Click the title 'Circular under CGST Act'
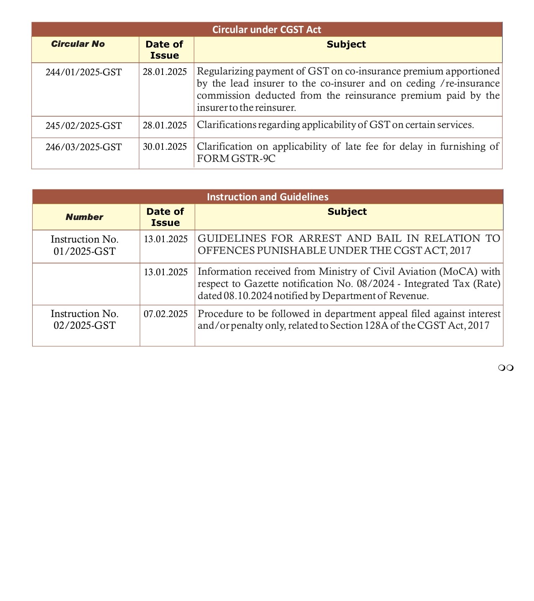click(266, 30)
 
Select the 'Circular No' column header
click(78, 44)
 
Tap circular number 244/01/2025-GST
click(84, 72)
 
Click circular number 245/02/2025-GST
click(84, 126)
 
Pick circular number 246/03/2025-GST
click(84, 147)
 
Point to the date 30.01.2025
click(165, 147)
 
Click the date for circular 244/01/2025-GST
click(165, 72)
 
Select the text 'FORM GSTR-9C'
click(236, 159)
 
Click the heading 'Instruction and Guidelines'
click(268, 197)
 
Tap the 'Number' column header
click(84, 217)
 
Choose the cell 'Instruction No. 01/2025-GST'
click(85, 245)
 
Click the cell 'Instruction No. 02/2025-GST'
click(85, 320)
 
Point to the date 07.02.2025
click(165, 314)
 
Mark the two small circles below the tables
click(506, 368)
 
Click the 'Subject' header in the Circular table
click(346, 45)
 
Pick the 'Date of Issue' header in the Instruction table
click(165, 217)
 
